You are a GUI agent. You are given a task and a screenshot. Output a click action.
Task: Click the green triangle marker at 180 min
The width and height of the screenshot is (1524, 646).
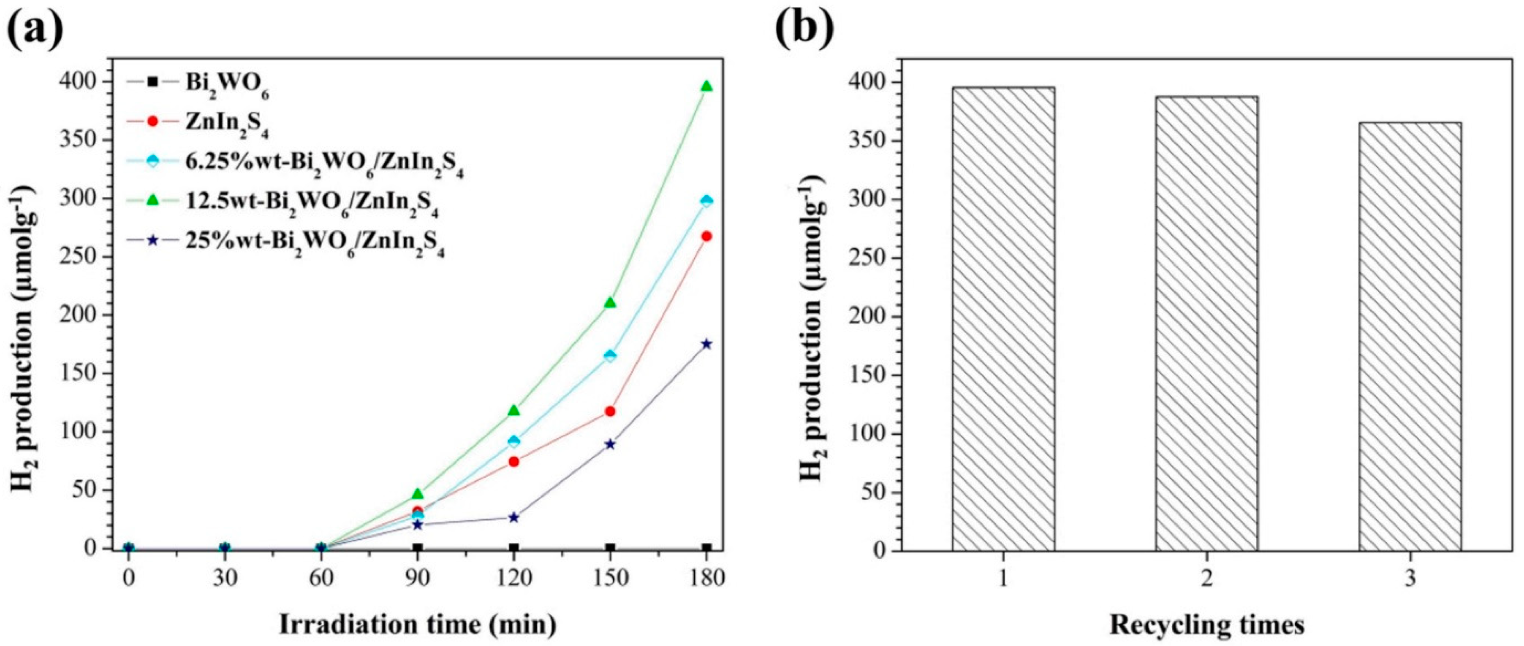[x=706, y=86]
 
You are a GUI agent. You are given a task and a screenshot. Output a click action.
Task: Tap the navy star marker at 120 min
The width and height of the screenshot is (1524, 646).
[x=513, y=517]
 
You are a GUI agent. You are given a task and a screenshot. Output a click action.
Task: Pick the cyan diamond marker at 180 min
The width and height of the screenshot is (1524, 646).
[x=706, y=201]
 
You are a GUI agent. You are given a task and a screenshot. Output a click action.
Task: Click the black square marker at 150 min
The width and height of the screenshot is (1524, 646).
[x=610, y=548]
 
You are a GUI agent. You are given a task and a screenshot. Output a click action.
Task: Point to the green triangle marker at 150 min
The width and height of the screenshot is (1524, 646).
[x=610, y=303]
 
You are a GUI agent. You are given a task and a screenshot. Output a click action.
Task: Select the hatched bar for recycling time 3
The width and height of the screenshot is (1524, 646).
[x=1410, y=337]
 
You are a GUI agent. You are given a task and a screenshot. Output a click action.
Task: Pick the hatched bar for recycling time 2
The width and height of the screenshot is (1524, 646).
[x=1206, y=324]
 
